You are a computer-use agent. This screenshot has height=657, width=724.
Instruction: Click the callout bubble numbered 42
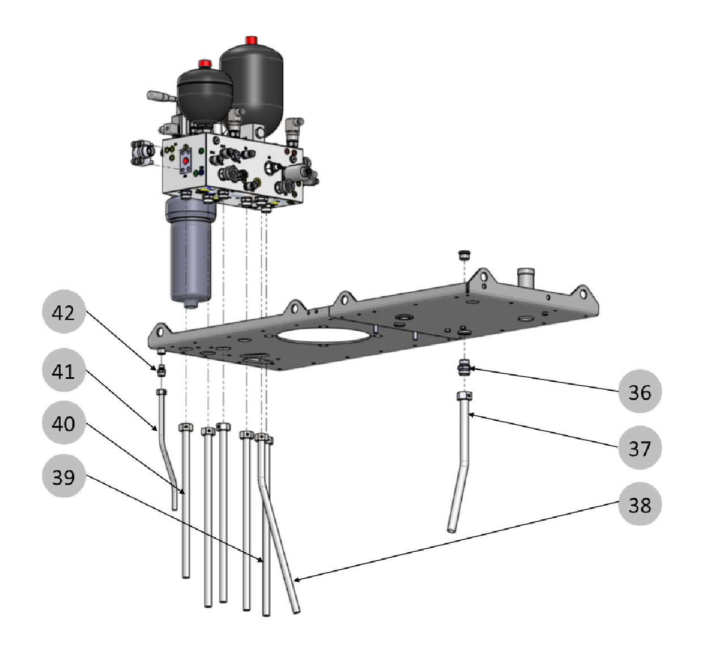[x=63, y=312]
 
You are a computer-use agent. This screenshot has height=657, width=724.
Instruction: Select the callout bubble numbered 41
[x=63, y=371]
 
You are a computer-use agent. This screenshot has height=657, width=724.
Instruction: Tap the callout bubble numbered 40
[x=63, y=424]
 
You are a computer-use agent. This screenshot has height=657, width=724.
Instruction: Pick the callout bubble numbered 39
[x=63, y=477]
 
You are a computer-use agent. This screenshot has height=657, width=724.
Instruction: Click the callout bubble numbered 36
[x=640, y=392]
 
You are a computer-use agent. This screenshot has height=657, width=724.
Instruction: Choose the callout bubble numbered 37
[x=640, y=448]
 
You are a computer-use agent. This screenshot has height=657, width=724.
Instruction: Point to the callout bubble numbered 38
[x=640, y=504]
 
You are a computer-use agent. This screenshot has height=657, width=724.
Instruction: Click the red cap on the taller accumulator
[x=251, y=40]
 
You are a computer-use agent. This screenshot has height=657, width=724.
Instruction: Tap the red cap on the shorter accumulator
[x=205, y=63]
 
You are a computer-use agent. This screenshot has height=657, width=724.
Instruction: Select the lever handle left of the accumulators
[x=161, y=97]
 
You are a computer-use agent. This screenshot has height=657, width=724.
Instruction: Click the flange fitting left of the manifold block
[x=142, y=154]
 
